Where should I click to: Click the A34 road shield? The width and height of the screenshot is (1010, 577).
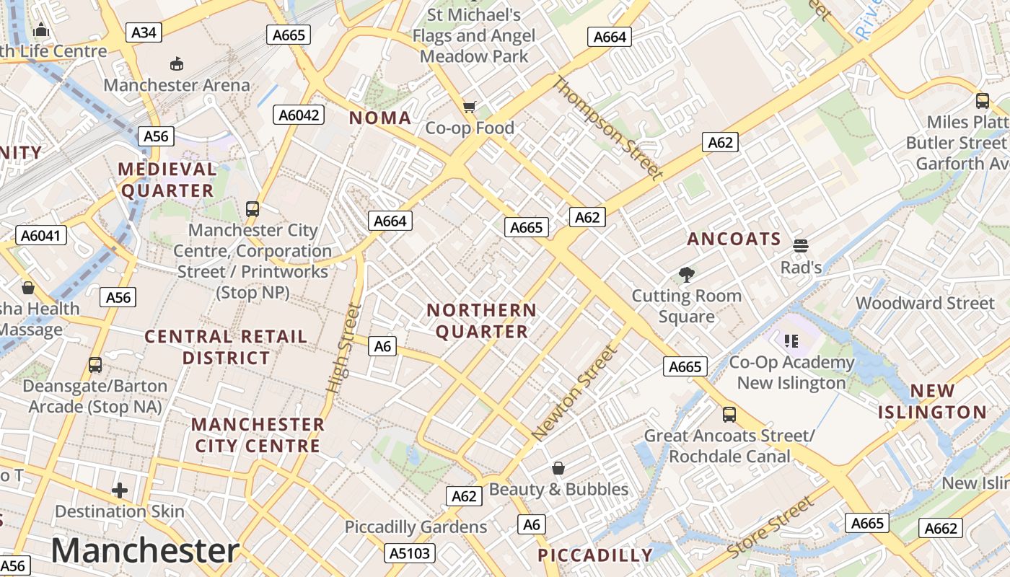click(x=144, y=32)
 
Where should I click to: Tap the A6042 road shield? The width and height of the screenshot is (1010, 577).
click(x=299, y=115)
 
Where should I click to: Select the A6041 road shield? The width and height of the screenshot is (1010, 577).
click(x=41, y=235)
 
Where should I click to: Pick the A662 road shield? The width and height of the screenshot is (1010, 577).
click(x=941, y=529)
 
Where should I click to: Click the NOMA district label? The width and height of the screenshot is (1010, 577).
click(x=380, y=118)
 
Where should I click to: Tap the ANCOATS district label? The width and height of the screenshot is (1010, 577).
click(x=734, y=239)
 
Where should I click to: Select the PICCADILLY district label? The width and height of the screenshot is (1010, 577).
click(x=595, y=555)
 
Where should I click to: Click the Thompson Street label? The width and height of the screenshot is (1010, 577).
click(x=607, y=128)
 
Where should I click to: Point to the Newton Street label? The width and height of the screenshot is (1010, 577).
click(x=575, y=394)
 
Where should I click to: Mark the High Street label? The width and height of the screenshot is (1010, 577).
click(x=343, y=348)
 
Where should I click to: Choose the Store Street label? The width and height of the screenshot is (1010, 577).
click(x=770, y=528)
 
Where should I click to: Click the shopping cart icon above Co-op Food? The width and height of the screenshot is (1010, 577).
click(x=470, y=107)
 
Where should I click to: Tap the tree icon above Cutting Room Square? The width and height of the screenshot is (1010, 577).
click(x=686, y=274)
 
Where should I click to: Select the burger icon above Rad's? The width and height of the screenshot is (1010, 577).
click(x=800, y=246)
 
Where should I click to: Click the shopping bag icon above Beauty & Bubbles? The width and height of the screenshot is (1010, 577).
click(x=558, y=468)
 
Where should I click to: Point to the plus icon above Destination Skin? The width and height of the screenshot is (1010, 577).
click(x=120, y=491)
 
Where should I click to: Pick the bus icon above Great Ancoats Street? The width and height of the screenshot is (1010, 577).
click(x=729, y=415)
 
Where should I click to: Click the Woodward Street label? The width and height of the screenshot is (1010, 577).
click(x=925, y=303)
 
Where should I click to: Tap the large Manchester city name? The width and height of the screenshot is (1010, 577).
click(x=145, y=550)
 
